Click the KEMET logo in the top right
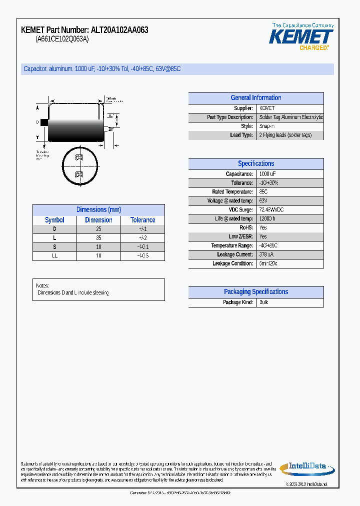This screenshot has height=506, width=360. [301, 37]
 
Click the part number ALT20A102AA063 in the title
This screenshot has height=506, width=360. [119, 30]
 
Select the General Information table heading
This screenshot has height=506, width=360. [255, 98]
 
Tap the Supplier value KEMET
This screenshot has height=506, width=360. [267, 108]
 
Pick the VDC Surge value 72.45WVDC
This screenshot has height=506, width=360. [271, 210]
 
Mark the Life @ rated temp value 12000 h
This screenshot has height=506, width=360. [267, 219]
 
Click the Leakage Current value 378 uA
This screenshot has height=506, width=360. [266, 254]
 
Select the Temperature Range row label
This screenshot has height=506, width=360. [231, 245]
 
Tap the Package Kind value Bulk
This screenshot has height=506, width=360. [264, 302]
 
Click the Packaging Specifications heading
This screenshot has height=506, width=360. [255, 292]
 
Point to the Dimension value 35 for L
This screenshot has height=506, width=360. [98, 238]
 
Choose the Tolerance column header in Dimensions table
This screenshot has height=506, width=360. [142, 220]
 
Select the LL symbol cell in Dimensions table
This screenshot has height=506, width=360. [54, 256]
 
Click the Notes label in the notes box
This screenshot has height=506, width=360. [42, 285]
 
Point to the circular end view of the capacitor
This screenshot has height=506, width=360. [79, 166]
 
